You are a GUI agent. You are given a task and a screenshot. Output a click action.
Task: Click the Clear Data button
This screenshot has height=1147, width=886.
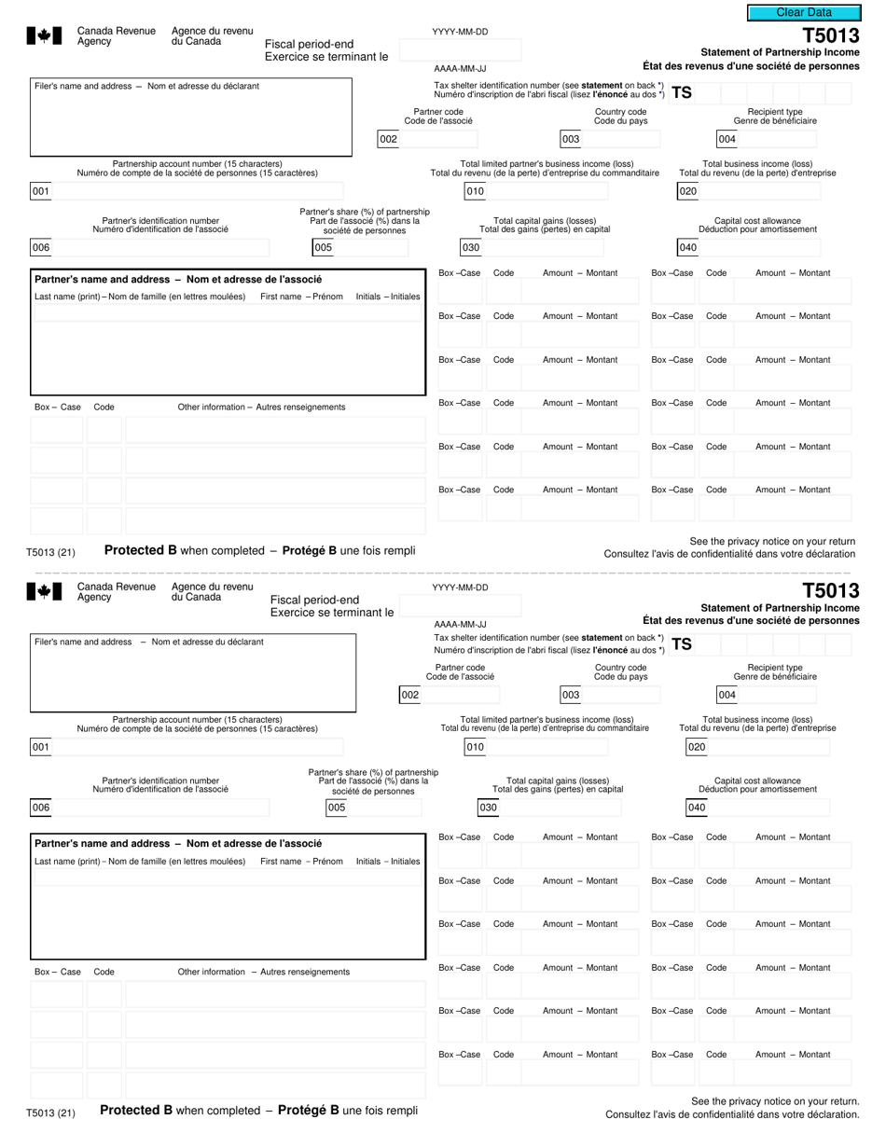(804, 12)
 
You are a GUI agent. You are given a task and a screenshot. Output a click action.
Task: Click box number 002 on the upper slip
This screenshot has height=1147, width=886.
(388, 139)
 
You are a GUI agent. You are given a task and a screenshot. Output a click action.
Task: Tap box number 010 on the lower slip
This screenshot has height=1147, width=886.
(475, 746)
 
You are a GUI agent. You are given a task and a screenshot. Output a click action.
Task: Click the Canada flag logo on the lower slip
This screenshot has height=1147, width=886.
(44, 591)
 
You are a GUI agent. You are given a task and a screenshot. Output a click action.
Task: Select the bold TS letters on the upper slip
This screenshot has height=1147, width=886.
(682, 92)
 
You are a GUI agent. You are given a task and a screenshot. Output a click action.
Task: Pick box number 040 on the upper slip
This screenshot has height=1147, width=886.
(687, 247)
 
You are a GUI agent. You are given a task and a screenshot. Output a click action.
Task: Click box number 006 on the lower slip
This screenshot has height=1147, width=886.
(41, 807)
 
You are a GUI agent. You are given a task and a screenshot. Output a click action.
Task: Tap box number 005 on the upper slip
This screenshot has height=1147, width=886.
(323, 247)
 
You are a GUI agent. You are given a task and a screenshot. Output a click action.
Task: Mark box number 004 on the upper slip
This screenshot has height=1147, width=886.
(727, 139)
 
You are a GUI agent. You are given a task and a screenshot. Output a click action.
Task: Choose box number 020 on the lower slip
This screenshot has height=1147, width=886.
(697, 746)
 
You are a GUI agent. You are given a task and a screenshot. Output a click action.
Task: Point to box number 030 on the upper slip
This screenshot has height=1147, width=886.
(471, 247)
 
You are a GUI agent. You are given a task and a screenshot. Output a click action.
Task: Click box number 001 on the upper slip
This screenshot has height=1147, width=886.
(41, 191)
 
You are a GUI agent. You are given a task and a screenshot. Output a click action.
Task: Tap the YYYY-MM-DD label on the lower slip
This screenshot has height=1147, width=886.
(460, 587)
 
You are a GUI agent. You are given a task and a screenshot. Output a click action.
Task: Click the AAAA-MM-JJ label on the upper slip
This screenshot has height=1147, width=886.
(460, 68)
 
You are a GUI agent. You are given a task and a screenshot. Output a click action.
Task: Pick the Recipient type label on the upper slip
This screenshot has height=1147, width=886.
(774, 112)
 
